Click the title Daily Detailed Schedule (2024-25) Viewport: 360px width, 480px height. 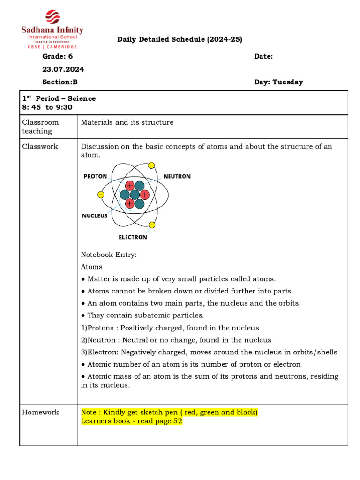click(180, 40)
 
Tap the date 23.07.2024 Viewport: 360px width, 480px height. click(63, 69)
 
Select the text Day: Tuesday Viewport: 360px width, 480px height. click(278, 82)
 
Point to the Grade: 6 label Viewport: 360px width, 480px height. click(58, 56)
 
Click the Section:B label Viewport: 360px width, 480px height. click(60, 82)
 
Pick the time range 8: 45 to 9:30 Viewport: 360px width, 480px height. click(47, 107)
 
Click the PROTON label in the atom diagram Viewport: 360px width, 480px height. click(95, 177)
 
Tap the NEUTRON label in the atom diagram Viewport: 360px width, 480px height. click(177, 177)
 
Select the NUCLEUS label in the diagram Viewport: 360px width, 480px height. click(95, 216)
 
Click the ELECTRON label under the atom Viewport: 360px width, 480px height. click(133, 237)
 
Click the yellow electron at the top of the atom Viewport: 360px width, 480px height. click(151, 165)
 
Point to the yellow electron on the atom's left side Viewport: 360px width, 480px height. click(101, 194)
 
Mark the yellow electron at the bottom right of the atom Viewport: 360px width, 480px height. click(151, 225)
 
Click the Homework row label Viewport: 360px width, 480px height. click(41, 412)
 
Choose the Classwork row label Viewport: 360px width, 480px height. click(40, 147)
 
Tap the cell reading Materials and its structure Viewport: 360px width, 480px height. click(127, 122)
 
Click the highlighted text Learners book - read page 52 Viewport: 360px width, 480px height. click(132, 421)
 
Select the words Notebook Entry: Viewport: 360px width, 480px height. click(109, 255)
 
